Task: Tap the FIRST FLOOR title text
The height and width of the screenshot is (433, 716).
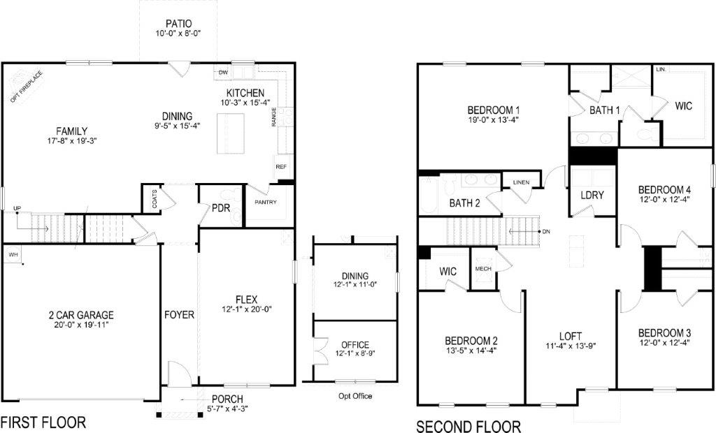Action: [x=43, y=423]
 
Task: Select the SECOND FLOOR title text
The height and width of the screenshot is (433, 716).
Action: [x=468, y=425]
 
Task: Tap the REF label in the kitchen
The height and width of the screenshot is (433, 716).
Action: [x=281, y=167]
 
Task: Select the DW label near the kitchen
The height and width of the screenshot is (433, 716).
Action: [x=224, y=73]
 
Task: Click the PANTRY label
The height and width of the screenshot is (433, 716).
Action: [x=266, y=203]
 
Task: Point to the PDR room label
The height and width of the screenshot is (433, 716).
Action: [x=222, y=208]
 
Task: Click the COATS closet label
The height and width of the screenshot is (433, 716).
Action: [x=154, y=201]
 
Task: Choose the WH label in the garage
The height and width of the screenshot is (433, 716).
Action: [x=13, y=255]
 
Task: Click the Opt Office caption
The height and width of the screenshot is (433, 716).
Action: [x=355, y=396]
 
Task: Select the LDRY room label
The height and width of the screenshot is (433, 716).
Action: [x=592, y=196]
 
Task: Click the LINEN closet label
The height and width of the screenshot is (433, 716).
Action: [x=521, y=182]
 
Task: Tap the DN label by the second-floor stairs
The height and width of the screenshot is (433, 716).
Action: [x=546, y=232]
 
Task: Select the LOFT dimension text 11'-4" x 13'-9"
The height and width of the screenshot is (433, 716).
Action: [x=571, y=345]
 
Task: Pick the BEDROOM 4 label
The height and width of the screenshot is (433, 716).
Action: [x=664, y=189]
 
